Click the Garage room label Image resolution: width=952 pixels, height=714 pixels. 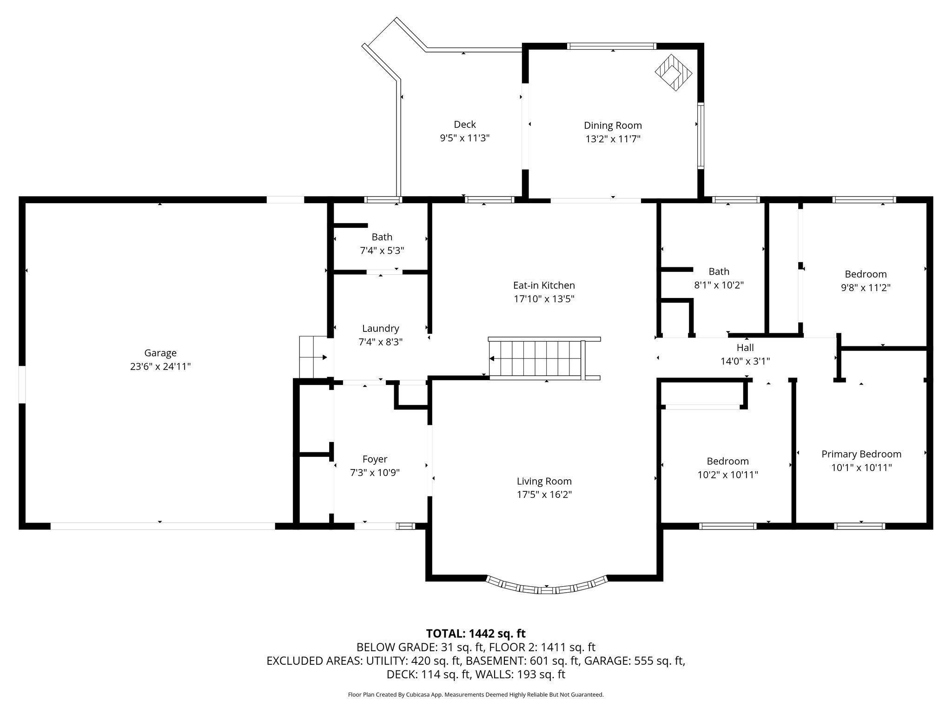[x=160, y=353]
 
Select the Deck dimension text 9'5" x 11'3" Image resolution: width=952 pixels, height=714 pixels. [x=465, y=138]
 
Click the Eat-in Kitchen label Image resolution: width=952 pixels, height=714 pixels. [x=544, y=285]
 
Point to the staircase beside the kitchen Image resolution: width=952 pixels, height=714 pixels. [x=544, y=358]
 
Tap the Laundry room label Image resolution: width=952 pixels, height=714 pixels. [x=381, y=329]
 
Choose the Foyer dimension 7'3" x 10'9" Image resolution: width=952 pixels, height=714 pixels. [x=375, y=473]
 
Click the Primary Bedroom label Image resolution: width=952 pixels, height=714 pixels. [x=861, y=454]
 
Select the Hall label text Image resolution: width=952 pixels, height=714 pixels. [x=745, y=347]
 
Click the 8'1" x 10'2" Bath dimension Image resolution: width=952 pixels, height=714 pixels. [x=719, y=285]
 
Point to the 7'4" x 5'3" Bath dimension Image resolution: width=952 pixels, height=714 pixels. [x=382, y=251]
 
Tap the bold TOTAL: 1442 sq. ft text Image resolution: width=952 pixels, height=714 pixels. [x=476, y=633]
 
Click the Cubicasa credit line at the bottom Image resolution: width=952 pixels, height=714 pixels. [x=476, y=694]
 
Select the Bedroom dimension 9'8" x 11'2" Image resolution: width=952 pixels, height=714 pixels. [x=866, y=287]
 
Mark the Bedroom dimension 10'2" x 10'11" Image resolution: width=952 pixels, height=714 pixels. [x=728, y=475]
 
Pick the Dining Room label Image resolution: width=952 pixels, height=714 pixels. [x=613, y=125]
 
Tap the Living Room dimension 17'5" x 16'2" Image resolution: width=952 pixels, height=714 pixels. [x=544, y=494]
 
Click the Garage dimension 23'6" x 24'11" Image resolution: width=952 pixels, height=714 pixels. [x=160, y=366]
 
